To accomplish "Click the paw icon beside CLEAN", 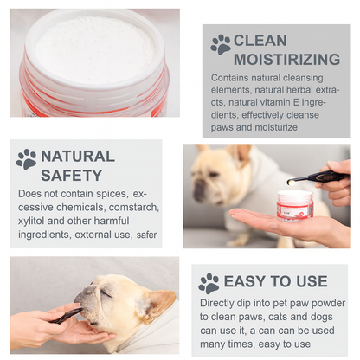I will point(221,43).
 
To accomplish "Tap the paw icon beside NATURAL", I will point(26,159).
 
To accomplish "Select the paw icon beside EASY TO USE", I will point(209,283).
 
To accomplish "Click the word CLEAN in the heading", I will point(260,40).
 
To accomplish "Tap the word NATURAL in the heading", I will point(78,156).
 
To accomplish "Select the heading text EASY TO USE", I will point(275,281).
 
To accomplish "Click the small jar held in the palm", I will point(294,204).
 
